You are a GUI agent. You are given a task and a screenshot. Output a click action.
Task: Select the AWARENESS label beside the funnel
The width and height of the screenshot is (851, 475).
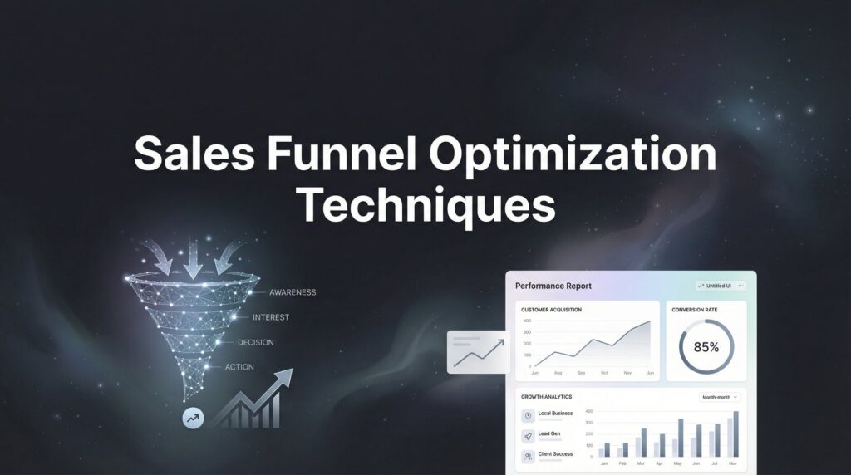[293, 292]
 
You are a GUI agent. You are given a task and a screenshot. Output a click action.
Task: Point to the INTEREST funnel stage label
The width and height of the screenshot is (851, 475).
[271, 317]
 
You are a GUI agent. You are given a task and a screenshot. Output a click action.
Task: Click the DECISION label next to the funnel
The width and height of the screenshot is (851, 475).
[255, 342]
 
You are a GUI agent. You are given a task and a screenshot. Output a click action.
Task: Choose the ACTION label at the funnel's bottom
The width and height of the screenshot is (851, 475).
[239, 367]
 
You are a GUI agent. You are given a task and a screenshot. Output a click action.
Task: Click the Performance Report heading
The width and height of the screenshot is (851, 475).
[553, 286]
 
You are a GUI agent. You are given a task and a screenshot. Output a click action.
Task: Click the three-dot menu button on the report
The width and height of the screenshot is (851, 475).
[741, 286]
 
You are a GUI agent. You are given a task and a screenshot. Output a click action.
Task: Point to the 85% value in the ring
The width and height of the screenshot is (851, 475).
[706, 347]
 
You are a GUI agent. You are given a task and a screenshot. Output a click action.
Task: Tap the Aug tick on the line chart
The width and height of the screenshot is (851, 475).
[558, 374]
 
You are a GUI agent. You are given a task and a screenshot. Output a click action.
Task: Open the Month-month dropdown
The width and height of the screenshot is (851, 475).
[721, 397]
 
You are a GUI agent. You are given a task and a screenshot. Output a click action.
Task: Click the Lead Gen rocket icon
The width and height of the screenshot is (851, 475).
[528, 435]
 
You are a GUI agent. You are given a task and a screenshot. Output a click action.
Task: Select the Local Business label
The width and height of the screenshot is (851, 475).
[555, 414]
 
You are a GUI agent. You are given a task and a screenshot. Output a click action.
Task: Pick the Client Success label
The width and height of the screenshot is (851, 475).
[555, 454]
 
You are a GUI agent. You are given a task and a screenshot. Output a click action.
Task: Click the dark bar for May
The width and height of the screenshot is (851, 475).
[681, 438]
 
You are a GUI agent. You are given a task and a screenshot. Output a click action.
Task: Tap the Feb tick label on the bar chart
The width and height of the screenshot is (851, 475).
[623, 463]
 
